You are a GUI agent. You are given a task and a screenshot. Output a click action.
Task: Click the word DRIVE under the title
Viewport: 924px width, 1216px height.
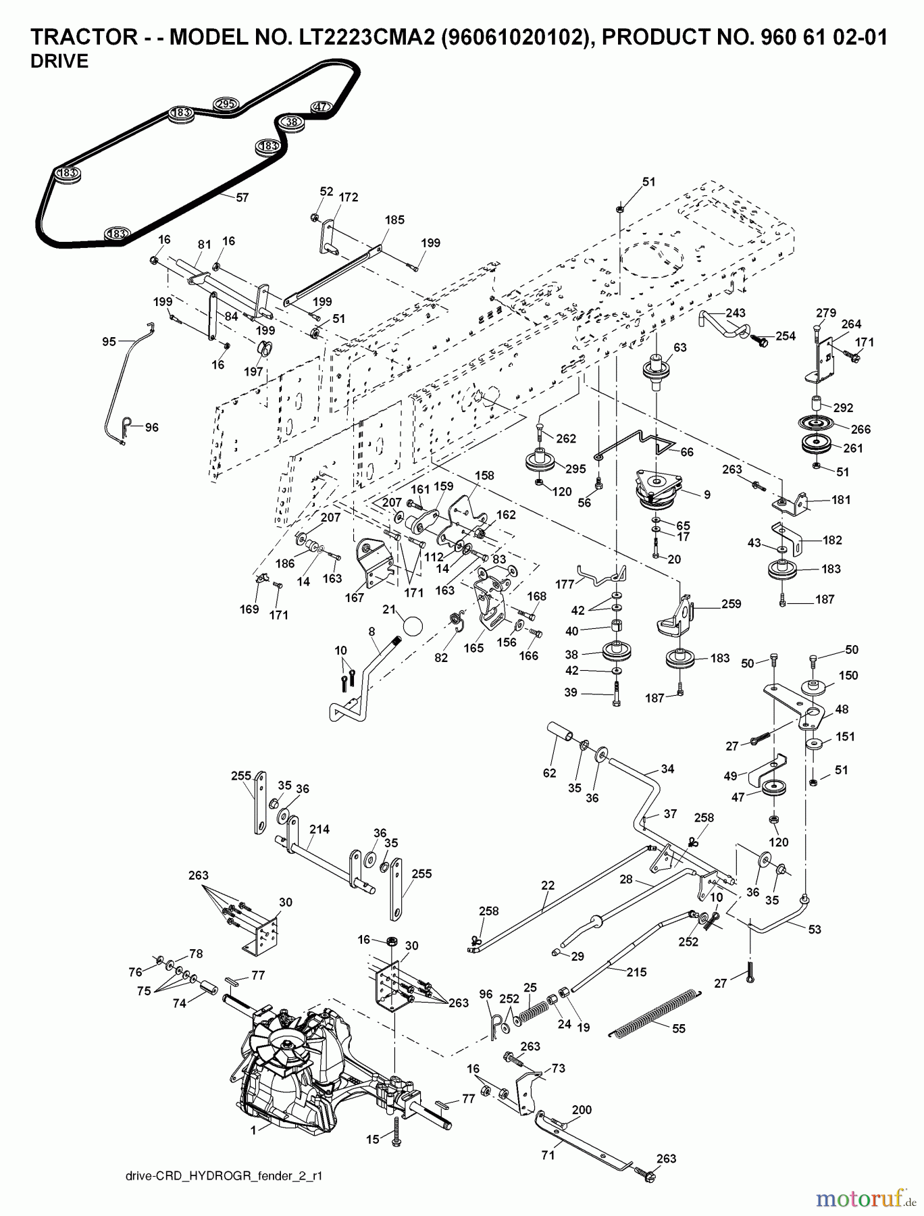click(x=59, y=61)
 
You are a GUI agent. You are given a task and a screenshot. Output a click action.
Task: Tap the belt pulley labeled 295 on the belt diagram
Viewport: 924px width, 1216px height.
click(x=225, y=104)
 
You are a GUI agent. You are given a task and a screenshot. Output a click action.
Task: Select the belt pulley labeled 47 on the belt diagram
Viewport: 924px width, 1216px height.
click(x=322, y=107)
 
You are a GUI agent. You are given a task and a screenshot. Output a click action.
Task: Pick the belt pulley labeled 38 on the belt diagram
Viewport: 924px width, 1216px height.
click(x=291, y=122)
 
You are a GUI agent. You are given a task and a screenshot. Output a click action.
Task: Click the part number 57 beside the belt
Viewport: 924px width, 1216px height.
click(x=242, y=198)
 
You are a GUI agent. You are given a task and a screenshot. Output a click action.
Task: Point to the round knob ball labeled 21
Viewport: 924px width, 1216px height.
click(x=410, y=624)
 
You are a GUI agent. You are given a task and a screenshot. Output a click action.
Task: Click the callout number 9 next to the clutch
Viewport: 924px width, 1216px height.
click(x=707, y=495)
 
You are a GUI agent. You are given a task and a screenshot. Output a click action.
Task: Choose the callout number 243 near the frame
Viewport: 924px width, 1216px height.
click(x=736, y=313)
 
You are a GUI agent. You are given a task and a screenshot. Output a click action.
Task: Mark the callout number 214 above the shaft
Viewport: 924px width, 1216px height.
click(x=319, y=829)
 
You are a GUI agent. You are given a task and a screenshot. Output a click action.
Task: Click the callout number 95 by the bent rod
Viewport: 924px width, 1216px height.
click(x=109, y=342)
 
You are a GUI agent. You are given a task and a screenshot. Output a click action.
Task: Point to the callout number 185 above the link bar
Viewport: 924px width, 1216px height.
click(x=394, y=220)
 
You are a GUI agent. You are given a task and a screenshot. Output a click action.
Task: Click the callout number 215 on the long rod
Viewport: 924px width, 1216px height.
click(x=636, y=972)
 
